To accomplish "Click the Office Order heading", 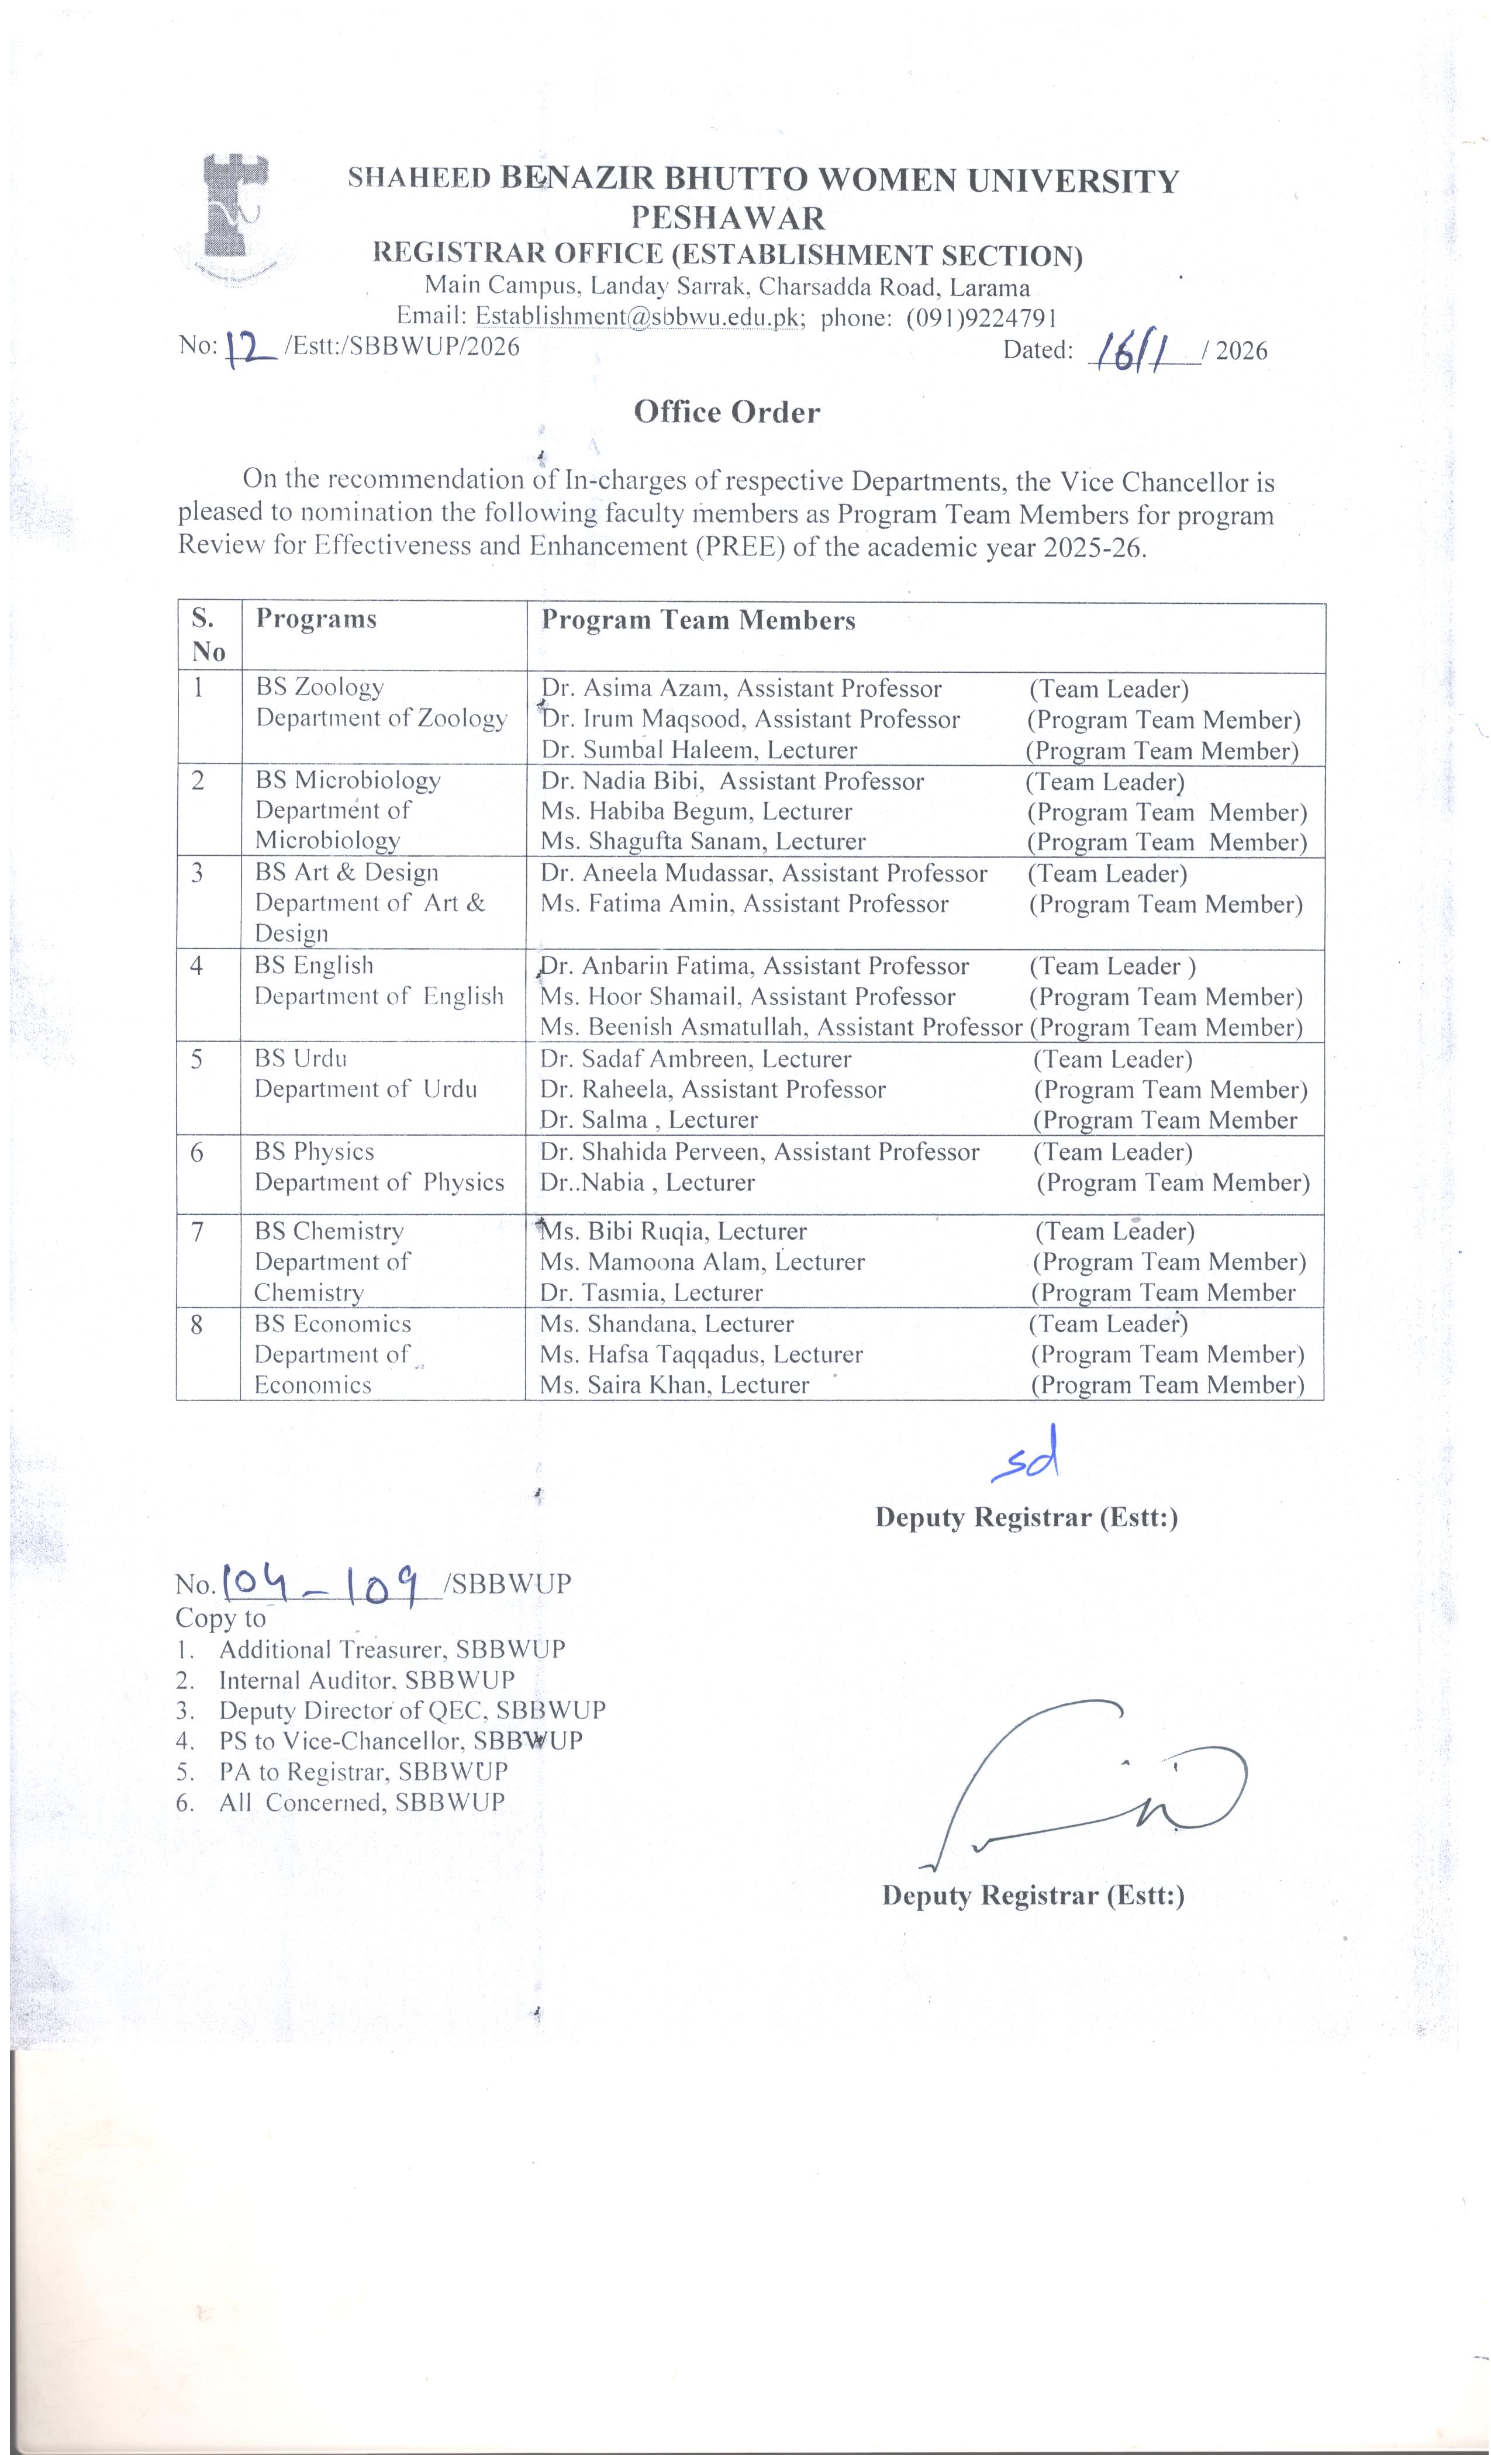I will pyautogui.click(x=727, y=413).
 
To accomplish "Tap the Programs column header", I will pyautogui.click(x=316, y=619).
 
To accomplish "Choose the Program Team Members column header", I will pyautogui.click(x=698, y=621).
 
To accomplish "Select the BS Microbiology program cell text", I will pyautogui.click(x=348, y=780).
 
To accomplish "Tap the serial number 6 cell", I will pyautogui.click(x=198, y=1153).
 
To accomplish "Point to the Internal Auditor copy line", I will pyautogui.click(x=366, y=1681).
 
